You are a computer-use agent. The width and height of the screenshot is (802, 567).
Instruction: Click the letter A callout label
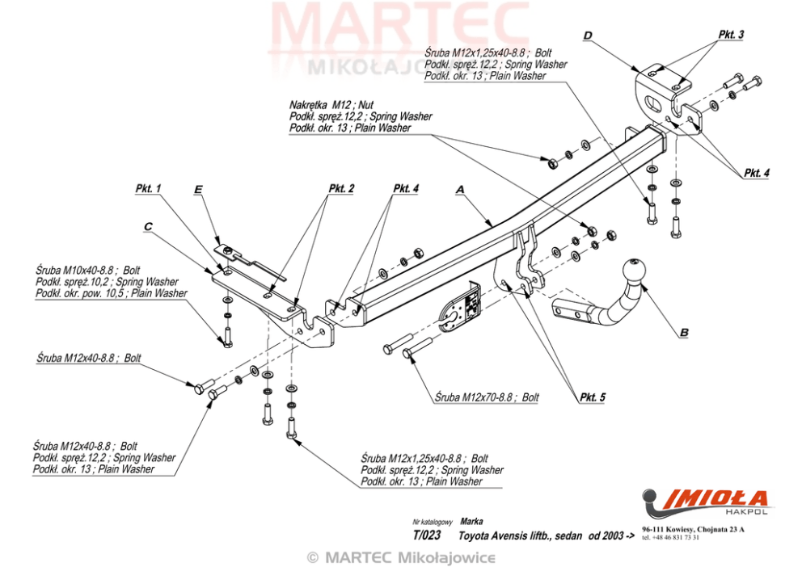click(460, 190)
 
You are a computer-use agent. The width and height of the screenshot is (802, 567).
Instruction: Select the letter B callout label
click(684, 332)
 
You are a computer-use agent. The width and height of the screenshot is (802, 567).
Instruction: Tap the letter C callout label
click(148, 228)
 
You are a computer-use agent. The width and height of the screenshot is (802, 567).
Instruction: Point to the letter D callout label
click(588, 35)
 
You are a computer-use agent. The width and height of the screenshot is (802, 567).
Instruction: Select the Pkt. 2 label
click(340, 189)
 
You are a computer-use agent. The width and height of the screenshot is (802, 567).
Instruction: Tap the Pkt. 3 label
click(730, 35)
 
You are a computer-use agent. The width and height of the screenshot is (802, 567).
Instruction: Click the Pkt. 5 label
click(591, 397)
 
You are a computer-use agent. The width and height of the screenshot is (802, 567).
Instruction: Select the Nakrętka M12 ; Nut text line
click(331, 105)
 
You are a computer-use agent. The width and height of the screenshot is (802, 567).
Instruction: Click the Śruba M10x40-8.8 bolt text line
click(88, 271)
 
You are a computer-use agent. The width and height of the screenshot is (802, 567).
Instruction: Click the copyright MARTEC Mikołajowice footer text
click(400, 557)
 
